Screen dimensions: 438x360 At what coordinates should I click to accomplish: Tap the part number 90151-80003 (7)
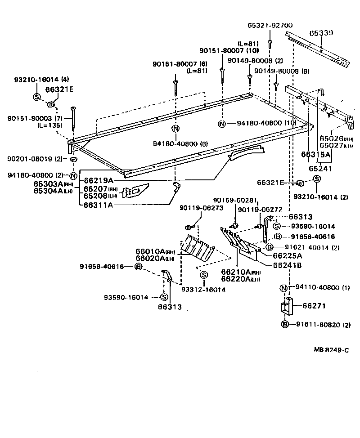[35, 118]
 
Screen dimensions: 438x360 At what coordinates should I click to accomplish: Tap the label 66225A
[287, 256]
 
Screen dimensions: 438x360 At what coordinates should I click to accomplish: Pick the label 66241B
[287, 265]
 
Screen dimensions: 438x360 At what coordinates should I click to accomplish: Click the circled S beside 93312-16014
[203, 275]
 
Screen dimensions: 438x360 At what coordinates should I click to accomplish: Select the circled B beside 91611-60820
[285, 324]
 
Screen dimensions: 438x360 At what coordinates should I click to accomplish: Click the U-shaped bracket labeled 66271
[286, 308]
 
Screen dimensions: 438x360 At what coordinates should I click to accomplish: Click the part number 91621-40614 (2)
[311, 247]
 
